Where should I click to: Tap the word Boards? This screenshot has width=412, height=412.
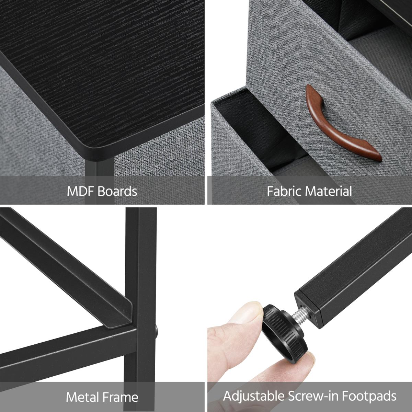pos(117,191)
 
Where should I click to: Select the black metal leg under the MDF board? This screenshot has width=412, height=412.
pos(100,182)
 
